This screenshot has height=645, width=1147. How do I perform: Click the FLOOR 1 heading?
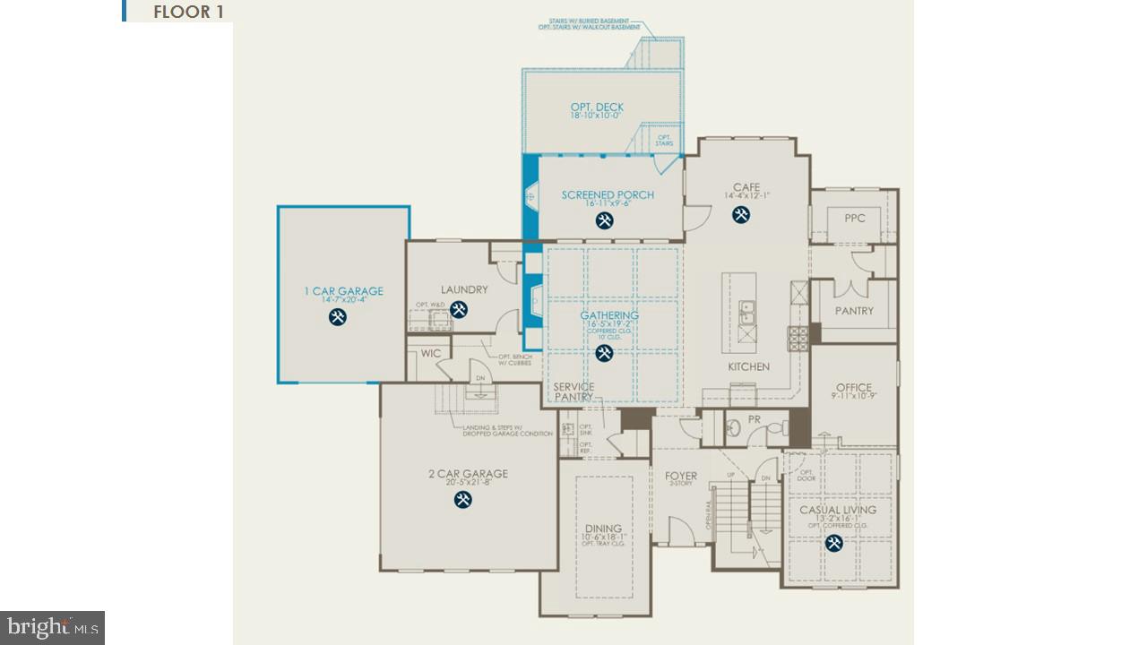point(188,12)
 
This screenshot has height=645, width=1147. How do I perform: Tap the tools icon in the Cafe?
point(741,214)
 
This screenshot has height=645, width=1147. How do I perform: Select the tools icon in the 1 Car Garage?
point(337,316)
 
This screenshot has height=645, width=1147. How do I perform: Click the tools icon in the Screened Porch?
point(605,219)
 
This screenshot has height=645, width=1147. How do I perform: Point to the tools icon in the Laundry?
point(459,309)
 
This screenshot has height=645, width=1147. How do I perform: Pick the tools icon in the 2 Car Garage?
point(462,499)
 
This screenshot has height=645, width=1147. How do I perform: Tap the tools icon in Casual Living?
point(833,542)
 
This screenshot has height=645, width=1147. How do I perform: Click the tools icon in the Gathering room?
point(605,353)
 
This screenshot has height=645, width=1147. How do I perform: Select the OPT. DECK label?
point(597,107)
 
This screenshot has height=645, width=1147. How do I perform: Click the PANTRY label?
point(853,311)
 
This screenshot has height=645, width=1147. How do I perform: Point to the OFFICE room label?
point(853,388)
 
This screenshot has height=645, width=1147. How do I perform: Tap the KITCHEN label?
point(748,366)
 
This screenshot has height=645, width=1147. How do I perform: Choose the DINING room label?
point(603,529)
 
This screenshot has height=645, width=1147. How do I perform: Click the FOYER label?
point(680,476)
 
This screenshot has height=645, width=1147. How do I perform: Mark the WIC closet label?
point(430,353)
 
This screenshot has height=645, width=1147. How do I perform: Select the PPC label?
point(854,218)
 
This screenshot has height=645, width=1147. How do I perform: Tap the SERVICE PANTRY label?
point(573,391)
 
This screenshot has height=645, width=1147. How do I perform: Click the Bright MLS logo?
point(52,627)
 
